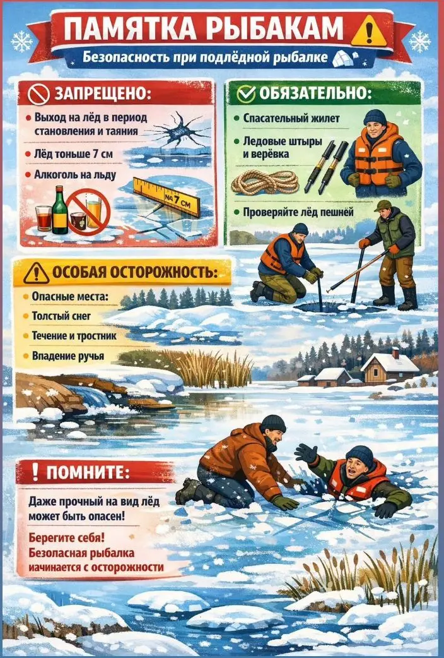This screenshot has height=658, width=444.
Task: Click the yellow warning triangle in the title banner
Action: [368, 30]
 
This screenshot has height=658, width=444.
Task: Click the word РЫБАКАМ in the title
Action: [276, 28]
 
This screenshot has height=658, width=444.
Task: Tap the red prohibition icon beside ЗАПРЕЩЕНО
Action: [39, 93]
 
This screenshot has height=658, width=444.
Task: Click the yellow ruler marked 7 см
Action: [166, 196]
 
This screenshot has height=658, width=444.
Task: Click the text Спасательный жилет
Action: [291, 119]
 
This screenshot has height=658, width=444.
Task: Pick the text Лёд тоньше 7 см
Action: [73, 154]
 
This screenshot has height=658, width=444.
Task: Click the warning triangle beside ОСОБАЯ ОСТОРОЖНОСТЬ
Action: [36, 273]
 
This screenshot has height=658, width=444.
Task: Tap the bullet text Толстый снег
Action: [61, 316]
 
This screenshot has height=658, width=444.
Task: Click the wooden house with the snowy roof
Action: [390, 368]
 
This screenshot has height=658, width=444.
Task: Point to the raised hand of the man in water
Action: [307, 453]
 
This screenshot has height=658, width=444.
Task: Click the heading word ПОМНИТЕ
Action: [88, 473]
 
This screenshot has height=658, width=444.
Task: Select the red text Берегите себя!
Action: [67, 538]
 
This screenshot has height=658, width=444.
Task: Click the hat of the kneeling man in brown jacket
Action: [273, 424]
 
